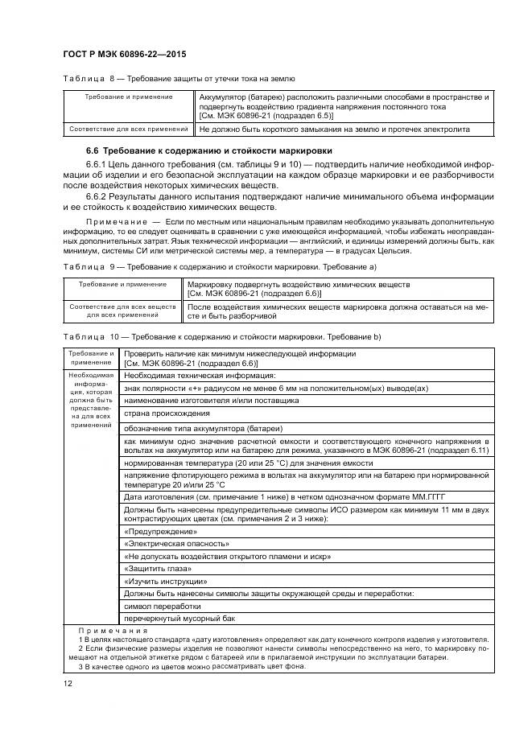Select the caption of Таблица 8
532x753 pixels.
click(x=178, y=78)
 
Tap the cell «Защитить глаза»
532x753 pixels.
click(x=152, y=568)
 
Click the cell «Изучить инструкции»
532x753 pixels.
click(x=155, y=581)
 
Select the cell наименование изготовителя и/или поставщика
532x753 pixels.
click(x=212, y=399)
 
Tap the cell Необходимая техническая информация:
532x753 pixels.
click(x=200, y=375)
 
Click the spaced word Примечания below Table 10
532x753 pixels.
click(x=109, y=631)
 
